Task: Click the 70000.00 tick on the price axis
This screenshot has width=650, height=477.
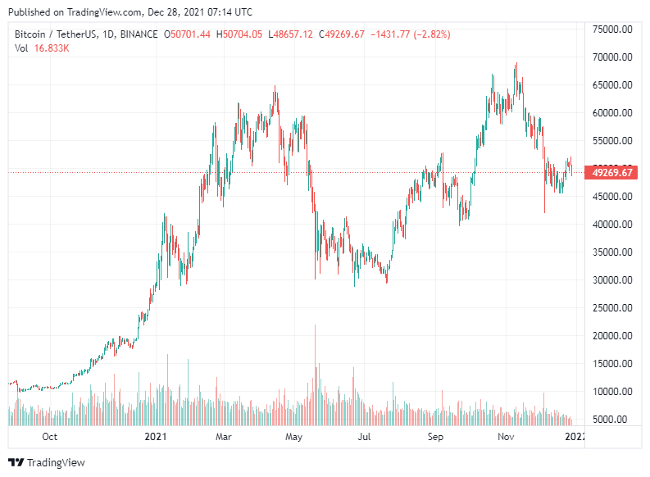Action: (615, 57)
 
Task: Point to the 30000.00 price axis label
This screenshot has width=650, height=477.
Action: (615, 280)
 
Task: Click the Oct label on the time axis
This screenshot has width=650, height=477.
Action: (49, 437)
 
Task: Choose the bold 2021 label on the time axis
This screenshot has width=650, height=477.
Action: (156, 437)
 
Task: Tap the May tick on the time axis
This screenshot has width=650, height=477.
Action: (295, 437)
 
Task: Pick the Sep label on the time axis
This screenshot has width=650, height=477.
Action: (436, 437)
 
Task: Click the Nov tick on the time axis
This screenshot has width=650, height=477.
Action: (507, 437)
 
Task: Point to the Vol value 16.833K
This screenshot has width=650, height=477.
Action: (52, 48)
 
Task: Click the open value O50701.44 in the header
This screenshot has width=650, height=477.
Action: (188, 34)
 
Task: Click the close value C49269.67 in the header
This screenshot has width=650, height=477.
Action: (343, 34)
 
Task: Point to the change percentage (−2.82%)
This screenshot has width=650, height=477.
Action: (426, 34)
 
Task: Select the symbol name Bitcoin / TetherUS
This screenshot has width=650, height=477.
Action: (55, 34)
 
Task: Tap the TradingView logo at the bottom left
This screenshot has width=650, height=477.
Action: (47, 462)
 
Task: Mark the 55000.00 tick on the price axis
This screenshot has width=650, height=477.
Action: (615, 141)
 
